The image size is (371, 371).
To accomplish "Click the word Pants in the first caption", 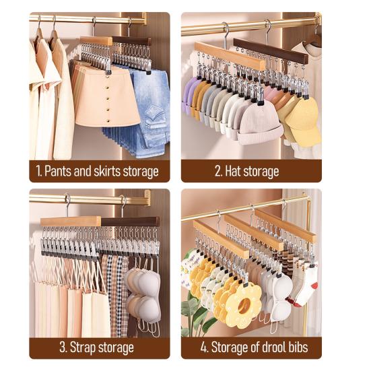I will click(x=59, y=171).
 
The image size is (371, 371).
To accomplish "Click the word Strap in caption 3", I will click(x=84, y=348).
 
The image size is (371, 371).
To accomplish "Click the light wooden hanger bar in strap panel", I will click(x=70, y=221).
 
